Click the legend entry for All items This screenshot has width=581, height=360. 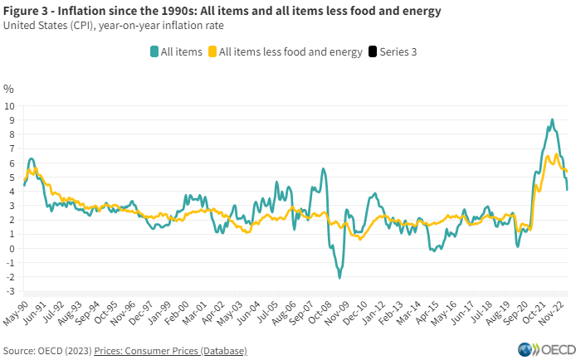click(x=176, y=51)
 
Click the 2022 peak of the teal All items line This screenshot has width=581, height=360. click(x=551, y=119)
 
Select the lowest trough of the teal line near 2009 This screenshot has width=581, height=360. click(x=339, y=278)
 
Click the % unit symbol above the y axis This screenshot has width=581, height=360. click(x=8, y=88)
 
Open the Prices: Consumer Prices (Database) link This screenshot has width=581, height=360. click(x=170, y=351)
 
